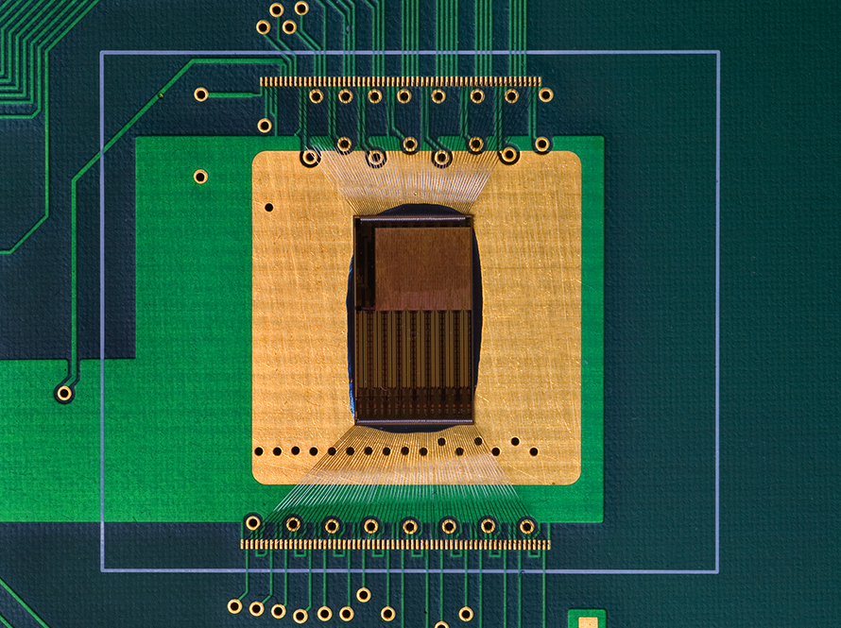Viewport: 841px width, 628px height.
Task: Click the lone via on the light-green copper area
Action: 200,176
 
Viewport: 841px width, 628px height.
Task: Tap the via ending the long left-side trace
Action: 64,393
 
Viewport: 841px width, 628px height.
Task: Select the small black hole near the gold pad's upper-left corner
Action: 269,207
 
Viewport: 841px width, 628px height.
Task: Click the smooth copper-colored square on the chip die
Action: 421,267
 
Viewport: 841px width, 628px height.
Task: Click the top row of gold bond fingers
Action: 401,82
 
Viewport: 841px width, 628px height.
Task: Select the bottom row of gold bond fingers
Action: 395,545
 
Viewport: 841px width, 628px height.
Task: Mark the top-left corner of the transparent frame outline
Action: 101,52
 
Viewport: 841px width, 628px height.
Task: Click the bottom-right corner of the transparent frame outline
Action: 718,571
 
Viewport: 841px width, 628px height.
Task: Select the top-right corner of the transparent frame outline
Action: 718,52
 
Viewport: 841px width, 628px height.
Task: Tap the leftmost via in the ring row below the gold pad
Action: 253,522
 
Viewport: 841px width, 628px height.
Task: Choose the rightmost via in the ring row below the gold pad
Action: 527,526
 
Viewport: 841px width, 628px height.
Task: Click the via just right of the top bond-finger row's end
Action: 546,94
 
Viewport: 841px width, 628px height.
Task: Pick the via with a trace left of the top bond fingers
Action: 201,94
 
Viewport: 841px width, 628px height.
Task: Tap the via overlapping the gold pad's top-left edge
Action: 309,156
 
